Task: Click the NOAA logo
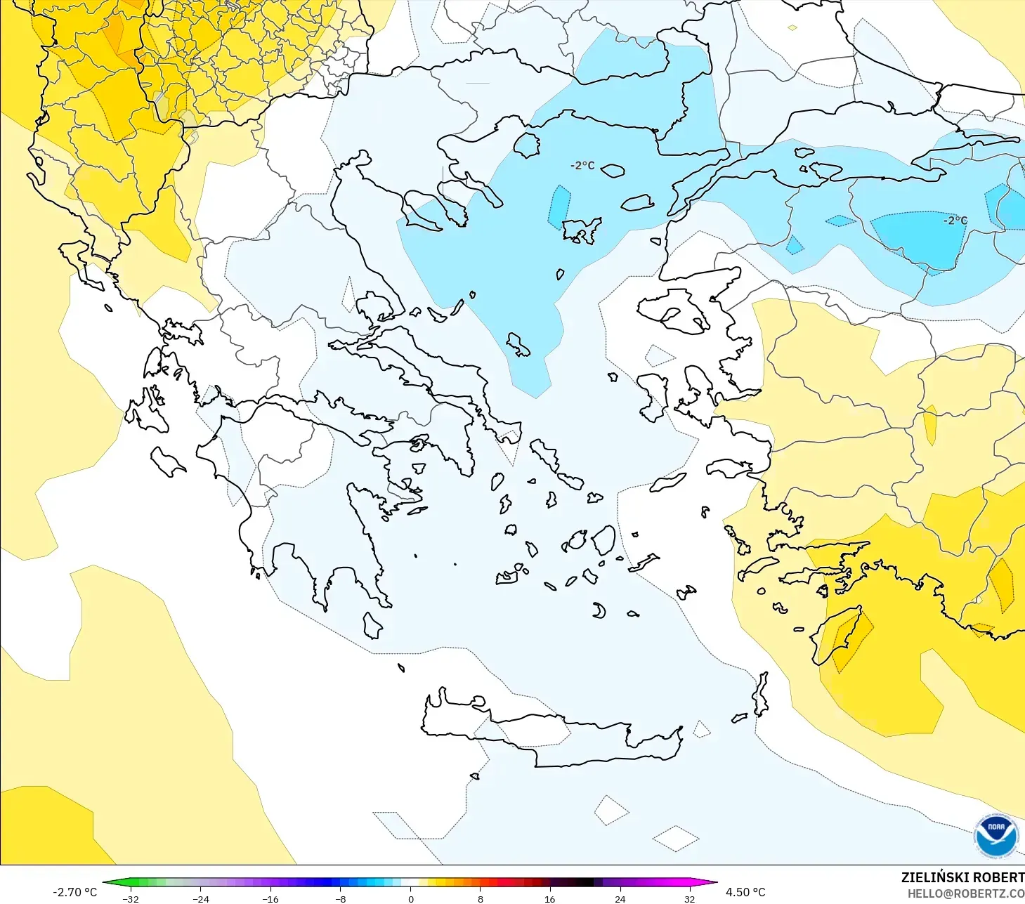pos(995,836)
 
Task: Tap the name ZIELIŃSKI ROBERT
pos(962,877)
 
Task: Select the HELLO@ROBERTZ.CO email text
pos(965,893)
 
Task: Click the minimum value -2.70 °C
pos(74,892)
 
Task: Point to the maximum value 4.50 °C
pos(745,892)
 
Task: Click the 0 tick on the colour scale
pos(410,898)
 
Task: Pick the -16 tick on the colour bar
pos(270,898)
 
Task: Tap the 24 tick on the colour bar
pos(620,898)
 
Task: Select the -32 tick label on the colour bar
pos(131,898)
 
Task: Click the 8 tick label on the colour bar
pos(480,898)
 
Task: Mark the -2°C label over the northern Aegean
pos(582,166)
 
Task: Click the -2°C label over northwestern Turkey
pos(955,221)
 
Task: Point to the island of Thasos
pos(526,145)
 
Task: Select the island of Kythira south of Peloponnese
pos(372,625)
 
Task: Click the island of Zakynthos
pos(168,461)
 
